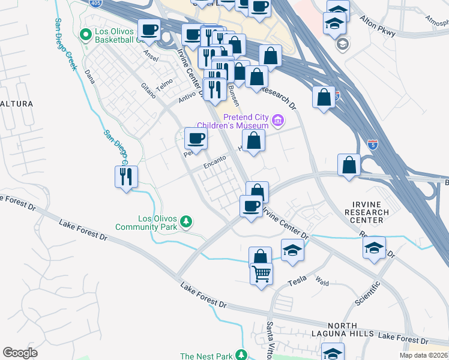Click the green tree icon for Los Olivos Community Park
click(x=187, y=222)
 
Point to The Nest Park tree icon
click(x=241, y=356)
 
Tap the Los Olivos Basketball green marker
click(x=84, y=34)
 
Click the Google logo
click(x=20, y=353)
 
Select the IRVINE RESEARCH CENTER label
click(x=367, y=212)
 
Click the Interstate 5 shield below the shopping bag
click(x=372, y=144)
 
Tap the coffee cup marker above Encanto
click(x=195, y=139)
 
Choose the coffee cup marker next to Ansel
click(x=149, y=29)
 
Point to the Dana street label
click(x=90, y=76)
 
